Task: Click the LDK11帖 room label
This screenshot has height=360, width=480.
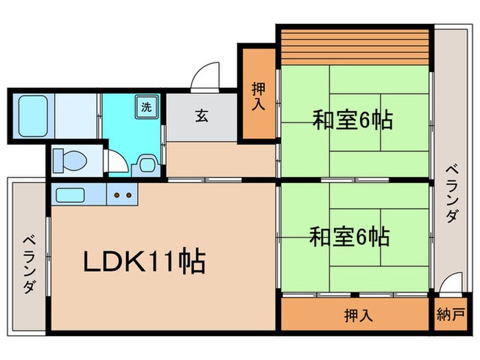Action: (145, 261)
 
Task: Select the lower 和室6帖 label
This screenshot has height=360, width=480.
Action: (350, 237)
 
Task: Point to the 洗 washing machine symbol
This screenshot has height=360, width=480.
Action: (147, 106)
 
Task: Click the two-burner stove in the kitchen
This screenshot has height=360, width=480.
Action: (121, 195)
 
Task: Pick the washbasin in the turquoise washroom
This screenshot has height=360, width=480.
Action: (146, 164)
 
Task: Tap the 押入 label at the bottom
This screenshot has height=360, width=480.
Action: (358, 315)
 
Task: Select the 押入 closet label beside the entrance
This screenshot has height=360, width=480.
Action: (259, 96)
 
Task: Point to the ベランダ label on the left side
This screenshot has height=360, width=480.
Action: (28, 263)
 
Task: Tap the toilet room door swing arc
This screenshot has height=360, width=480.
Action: (117, 160)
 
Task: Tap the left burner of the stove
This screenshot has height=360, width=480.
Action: (116, 195)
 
